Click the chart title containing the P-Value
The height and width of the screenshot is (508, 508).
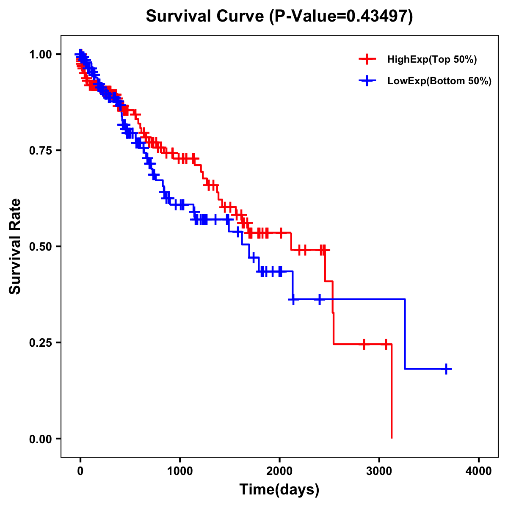(279, 16)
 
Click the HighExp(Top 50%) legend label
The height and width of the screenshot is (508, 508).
(432, 60)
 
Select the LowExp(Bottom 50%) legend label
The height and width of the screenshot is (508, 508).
(439, 81)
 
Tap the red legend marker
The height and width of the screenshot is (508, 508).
(367, 60)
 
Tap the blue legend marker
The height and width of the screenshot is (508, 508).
(367, 81)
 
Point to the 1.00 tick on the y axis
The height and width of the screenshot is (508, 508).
(41, 55)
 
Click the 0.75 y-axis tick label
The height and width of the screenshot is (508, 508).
(41, 151)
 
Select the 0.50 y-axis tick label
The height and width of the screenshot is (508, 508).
(41, 247)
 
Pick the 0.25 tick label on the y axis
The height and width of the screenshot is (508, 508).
(41, 343)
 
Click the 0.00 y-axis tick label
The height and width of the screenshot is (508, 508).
(41, 439)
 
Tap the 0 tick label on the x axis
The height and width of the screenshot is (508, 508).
(80, 472)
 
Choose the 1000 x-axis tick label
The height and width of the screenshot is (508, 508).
(180, 472)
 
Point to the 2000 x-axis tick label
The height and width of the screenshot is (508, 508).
(279, 472)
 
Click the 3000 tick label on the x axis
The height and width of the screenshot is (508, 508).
(379, 472)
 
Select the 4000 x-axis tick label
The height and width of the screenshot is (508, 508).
(479, 472)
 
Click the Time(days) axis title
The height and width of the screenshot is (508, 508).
(279, 490)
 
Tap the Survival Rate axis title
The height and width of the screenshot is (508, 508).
(16, 246)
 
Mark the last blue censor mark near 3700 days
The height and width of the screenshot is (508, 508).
(446, 369)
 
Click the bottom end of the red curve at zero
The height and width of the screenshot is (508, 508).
(392, 437)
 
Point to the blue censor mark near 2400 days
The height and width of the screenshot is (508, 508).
(319, 299)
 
